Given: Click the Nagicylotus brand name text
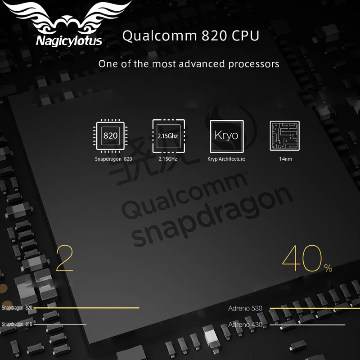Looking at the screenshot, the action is pyautogui.click(x=69, y=41).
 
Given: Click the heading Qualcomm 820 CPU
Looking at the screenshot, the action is pyautogui.click(x=191, y=36).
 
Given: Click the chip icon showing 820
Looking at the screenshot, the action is pyautogui.click(x=111, y=135).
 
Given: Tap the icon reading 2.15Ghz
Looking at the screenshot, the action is pyautogui.click(x=168, y=135).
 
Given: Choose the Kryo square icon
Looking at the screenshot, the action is pyautogui.click(x=226, y=135).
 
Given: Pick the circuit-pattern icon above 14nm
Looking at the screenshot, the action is pyautogui.click(x=284, y=136).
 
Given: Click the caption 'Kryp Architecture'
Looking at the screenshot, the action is pyautogui.click(x=226, y=159).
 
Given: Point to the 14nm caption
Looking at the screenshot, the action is pyautogui.click(x=285, y=159).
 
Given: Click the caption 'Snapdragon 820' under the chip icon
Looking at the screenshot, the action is pyautogui.click(x=113, y=159).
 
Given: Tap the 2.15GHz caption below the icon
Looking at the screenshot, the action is pyautogui.click(x=168, y=159).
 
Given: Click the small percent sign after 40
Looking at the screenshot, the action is pyautogui.click(x=328, y=268).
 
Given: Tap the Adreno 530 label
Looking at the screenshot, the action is pyautogui.click(x=245, y=309).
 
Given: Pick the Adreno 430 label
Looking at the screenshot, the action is pyautogui.click(x=245, y=324).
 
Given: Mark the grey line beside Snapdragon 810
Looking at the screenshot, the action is pyautogui.click(x=60, y=324).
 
